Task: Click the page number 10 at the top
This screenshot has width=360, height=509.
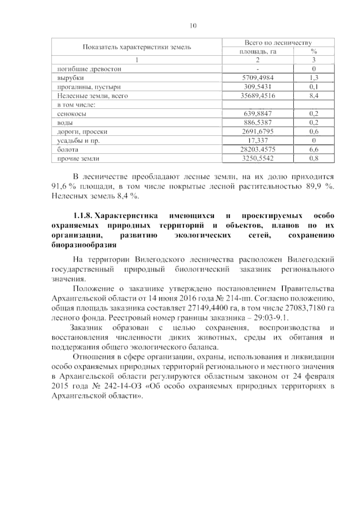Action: (x=193, y=26)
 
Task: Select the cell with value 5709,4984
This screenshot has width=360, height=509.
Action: (x=258, y=78)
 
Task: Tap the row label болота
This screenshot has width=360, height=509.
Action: (x=68, y=149)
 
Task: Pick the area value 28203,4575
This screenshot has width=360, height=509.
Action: (x=258, y=149)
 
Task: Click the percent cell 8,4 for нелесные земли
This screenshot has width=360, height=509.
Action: (x=313, y=96)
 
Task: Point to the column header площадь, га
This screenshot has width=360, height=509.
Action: (x=257, y=52)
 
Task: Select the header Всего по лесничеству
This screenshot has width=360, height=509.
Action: (x=278, y=43)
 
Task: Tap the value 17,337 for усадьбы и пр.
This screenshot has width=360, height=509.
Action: (x=258, y=140)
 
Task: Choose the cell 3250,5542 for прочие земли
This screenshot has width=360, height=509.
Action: (x=258, y=158)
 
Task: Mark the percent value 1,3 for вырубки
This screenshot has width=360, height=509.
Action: (x=313, y=78)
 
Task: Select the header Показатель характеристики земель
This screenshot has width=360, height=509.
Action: (x=137, y=47)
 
